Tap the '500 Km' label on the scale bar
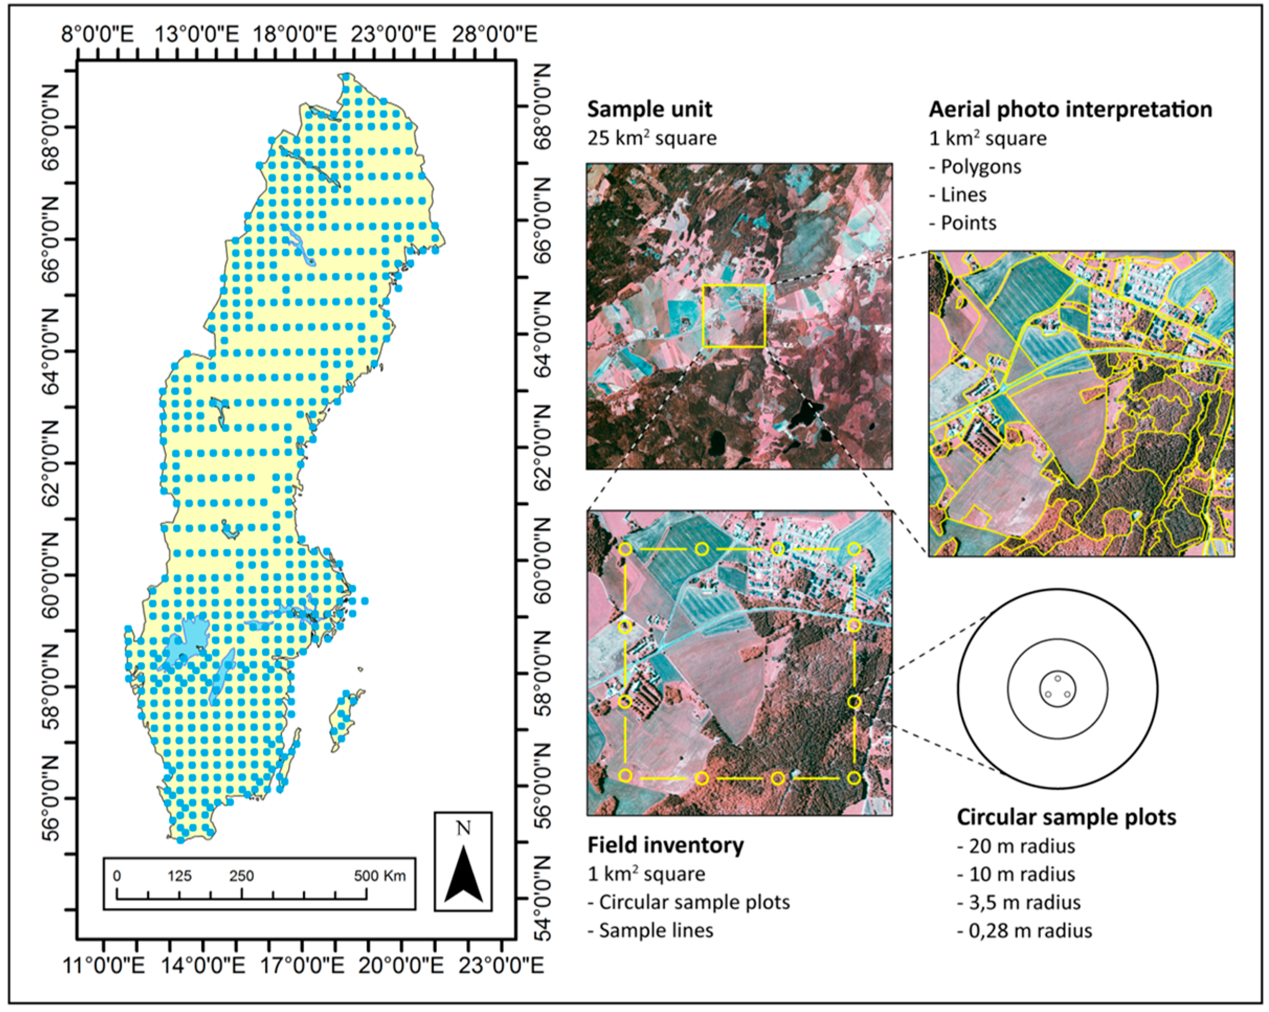point(379,876)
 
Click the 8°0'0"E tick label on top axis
point(98,33)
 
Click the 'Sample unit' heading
point(649,109)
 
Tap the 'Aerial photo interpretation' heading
point(1070,109)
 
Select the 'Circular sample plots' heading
point(1066,817)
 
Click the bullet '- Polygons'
point(975,166)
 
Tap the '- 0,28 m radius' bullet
point(1024,931)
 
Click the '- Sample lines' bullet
point(650,931)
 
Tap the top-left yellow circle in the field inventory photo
point(625,549)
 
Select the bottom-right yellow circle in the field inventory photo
point(854,778)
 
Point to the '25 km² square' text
point(652,138)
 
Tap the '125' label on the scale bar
point(179,876)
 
